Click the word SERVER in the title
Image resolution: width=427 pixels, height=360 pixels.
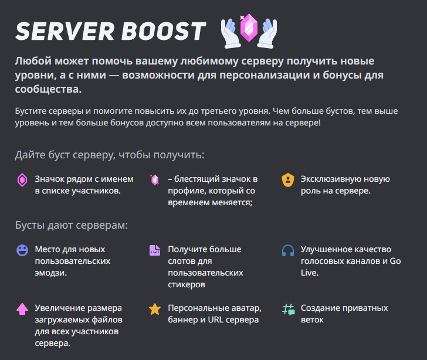[x=63, y=31]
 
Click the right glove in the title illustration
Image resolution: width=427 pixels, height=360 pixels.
[x=269, y=33]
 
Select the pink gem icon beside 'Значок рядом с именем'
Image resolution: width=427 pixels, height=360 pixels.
[x=22, y=180]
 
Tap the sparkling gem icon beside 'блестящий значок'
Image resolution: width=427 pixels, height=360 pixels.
[x=155, y=180]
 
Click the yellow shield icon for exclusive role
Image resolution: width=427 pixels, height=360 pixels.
[x=287, y=180]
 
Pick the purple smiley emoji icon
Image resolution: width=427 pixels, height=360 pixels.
[x=22, y=250]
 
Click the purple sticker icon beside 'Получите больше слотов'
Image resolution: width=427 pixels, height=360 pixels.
[x=155, y=250]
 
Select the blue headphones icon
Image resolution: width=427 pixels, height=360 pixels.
[x=287, y=250]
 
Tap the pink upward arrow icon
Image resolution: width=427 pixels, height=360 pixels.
[x=22, y=309]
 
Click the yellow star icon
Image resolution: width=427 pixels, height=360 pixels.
[x=155, y=309]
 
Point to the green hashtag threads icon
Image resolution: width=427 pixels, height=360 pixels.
[x=287, y=309]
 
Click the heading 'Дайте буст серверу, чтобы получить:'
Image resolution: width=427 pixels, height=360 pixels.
[x=110, y=155]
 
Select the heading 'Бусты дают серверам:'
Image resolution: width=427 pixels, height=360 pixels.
[x=71, y=225]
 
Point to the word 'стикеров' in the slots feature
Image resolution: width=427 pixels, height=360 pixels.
[x=187, y=284]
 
